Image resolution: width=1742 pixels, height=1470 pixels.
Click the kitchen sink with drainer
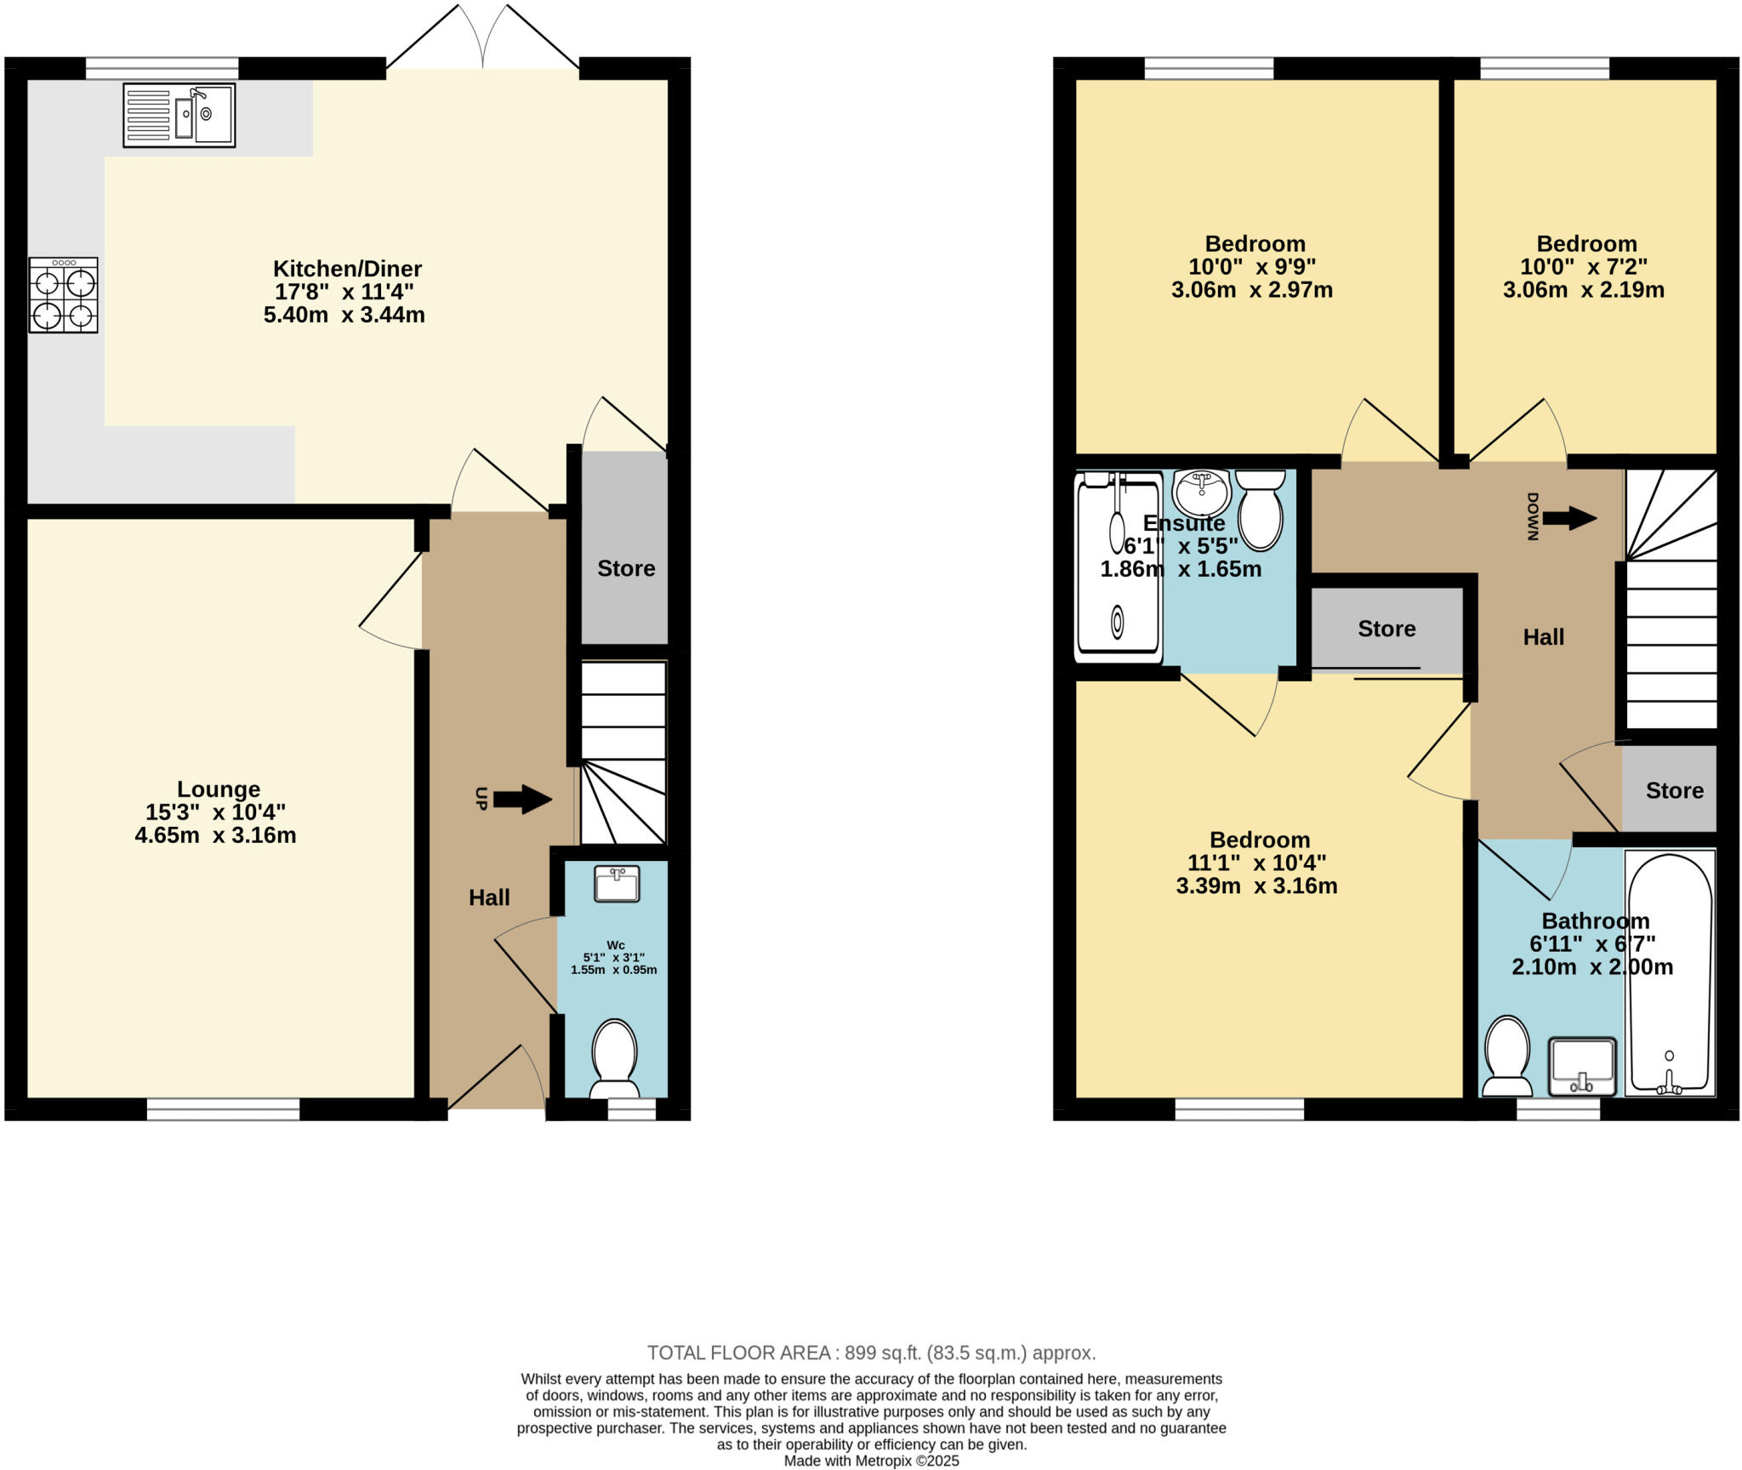[179, 115]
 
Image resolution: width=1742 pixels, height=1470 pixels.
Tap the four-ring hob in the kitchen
[63, 294]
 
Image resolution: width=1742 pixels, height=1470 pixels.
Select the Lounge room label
[219, 789]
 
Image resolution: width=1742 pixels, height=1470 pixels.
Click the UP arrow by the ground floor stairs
[521, 799]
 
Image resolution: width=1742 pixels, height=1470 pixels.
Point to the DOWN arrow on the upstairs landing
[1568, 517]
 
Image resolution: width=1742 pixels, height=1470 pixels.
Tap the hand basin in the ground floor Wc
[617, 884]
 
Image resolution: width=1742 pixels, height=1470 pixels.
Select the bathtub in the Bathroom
[1669, 973]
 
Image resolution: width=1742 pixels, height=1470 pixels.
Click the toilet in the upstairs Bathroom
[1506, 1055]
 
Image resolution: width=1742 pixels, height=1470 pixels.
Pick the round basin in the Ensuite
[1201, 492]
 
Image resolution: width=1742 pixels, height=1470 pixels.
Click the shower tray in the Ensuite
[1118, 568]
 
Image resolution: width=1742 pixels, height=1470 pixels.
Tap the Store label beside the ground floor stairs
[626, 568]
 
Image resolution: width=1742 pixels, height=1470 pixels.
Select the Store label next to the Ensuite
[1386, 629]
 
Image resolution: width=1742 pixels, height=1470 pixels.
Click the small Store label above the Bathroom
[1674, 790]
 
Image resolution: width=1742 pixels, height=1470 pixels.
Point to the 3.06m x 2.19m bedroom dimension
[1583, 290]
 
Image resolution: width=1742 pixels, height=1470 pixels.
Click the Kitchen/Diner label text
[347, 269]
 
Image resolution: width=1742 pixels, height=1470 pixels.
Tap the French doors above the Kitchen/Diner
[483, 38]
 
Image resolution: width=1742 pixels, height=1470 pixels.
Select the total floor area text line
[871, 1353]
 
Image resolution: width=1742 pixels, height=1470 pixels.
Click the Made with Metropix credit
[871, 1461]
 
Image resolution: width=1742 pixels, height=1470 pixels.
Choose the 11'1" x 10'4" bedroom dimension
[1256, 863]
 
